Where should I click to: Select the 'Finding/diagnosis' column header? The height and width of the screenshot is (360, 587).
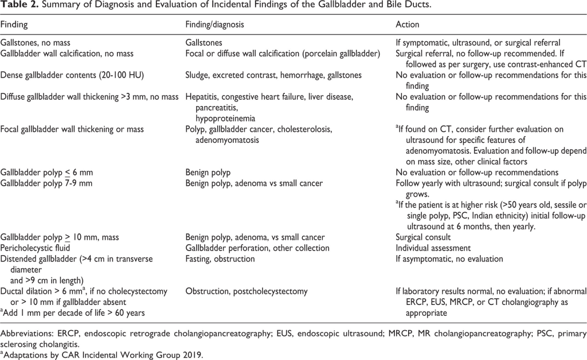[213, 25]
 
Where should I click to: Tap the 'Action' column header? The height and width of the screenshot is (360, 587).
[408, 25]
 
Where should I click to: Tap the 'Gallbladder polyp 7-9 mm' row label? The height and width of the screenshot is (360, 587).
[47, 183]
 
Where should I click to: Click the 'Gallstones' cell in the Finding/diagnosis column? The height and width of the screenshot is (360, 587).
[204, 43]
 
